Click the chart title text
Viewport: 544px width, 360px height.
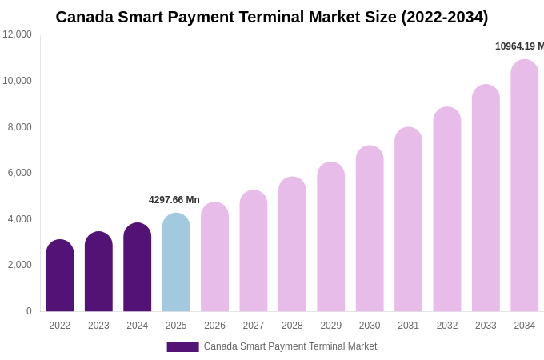(272, 17)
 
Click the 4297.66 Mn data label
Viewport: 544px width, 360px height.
(174, 200)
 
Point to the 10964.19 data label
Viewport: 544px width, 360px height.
(519, 46)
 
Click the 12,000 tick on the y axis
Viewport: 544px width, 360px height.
(17, 34)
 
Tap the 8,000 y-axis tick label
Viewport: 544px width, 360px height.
(20, 126)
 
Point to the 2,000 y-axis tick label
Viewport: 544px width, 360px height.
(20, 265)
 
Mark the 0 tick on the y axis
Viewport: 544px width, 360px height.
(29, 311)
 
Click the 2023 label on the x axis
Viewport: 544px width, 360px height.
(98, 326)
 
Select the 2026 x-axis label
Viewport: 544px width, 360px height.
(214, 326)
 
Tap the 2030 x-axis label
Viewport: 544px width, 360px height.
(370, 326)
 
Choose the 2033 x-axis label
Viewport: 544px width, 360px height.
(486, 326)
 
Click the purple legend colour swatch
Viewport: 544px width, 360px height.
(182, 347)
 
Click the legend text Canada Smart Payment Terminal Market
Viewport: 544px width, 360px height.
(290, 346)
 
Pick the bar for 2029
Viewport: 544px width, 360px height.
(331, 237)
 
